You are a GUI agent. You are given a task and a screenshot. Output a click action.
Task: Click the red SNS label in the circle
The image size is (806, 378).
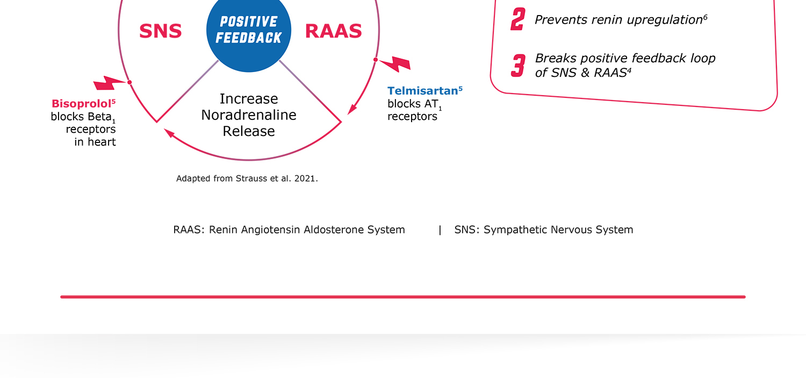[x=161, y=31]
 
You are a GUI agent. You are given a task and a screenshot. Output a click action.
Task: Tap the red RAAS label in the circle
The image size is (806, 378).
[x=334, y=31]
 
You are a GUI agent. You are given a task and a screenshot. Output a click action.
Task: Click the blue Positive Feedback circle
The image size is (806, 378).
[x=249, y=31]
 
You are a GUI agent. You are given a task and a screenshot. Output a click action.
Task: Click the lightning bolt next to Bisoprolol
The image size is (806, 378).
[x=109, y=83]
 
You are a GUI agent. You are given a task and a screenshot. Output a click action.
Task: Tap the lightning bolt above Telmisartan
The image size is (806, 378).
[x=395, y=64]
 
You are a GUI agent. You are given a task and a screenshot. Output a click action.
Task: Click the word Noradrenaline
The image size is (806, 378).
[x=249, y=115]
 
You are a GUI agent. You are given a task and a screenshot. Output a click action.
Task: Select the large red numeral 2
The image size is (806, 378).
[x=518, y=19]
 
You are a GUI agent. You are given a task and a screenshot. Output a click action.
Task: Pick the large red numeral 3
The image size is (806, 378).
[x=518, y=66]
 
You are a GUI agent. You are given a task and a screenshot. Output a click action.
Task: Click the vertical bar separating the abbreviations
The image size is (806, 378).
[x=440, y=230]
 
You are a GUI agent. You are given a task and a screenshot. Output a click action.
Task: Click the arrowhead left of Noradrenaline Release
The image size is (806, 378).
[x=169, y=133]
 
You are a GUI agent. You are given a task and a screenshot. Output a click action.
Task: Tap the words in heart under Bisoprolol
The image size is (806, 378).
[x=95, y=142]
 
